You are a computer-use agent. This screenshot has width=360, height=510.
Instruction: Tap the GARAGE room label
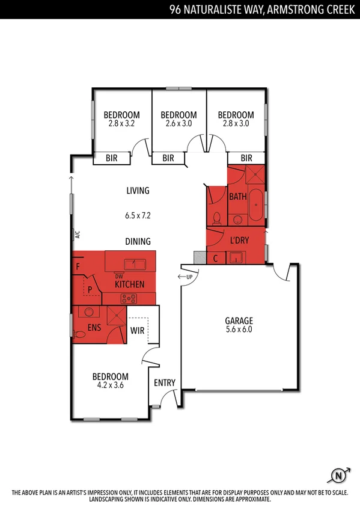click(x=239, y=321)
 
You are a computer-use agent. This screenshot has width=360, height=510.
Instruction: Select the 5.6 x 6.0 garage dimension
click(x=239, y=330)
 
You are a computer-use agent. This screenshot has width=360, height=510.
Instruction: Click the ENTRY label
click(x=165, y=383)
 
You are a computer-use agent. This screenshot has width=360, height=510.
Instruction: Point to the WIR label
click(x=138, y=330)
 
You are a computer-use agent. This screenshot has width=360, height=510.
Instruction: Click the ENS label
click(x=94, y=328)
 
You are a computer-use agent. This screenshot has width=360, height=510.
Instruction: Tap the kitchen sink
click(x=134, y=263)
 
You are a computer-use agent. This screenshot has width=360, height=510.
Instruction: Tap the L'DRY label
click(x=239, y=241)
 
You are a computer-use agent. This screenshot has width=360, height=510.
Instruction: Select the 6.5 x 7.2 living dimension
click(x=137, y=215)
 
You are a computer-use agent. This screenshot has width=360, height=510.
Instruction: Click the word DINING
click(x=138, y=241)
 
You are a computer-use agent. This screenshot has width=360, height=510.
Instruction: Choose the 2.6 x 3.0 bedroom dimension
click(x=178, y=124)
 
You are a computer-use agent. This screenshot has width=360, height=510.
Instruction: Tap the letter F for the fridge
click(x=78, y=265)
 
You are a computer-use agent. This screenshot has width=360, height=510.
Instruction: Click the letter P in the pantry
click(x=90, y=289)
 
